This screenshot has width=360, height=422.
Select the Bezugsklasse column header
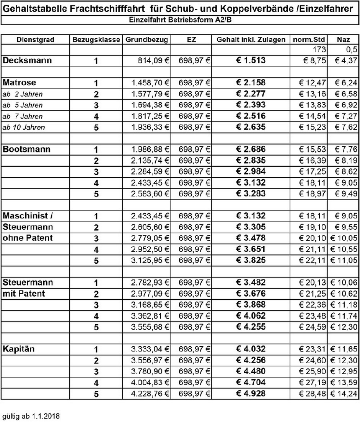pos(96,40)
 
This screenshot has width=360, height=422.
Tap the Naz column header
pos(343,40)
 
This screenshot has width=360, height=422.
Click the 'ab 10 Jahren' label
pos(23,127)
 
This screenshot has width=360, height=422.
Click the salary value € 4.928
pos(251,393)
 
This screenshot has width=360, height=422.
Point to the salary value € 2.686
pos(251,149)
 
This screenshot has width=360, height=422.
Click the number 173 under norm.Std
pos(319,49)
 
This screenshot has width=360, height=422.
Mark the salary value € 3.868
pos(251,305)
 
